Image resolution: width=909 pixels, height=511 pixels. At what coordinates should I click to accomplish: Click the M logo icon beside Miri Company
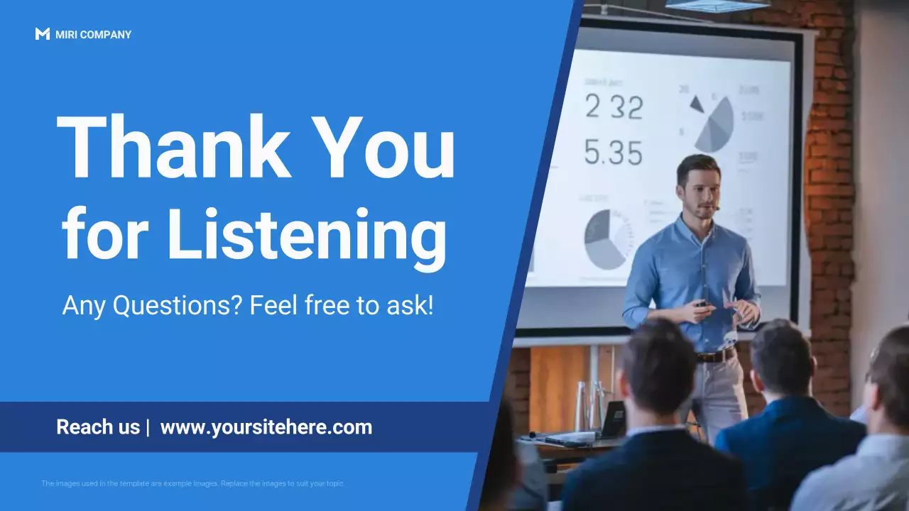point(42,34)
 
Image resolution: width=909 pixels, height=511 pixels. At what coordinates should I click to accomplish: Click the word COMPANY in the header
point(106,35)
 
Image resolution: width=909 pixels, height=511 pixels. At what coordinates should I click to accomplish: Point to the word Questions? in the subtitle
point(178,306)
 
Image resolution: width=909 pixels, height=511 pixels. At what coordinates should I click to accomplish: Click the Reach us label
point(98,427)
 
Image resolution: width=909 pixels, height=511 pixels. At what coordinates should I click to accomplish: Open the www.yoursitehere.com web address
point(266,427)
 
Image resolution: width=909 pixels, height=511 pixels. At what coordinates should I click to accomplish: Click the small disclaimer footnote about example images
point(192,483)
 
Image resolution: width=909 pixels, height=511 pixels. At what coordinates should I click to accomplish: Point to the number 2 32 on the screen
point(614,107)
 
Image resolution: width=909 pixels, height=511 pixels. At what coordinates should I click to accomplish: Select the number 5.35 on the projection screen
point(614,152)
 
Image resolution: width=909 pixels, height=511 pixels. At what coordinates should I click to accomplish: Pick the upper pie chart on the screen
point(712,121)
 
